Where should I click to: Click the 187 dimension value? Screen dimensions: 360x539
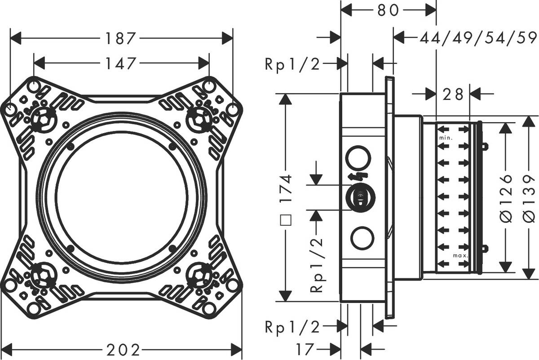[120, 39]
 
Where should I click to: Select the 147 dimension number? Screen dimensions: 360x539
[120, 63]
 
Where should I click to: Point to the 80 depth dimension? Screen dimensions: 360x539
[388, 10]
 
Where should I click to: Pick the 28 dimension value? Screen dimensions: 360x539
[453, 94]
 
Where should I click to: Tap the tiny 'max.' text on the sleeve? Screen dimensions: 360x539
[460, 256]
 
